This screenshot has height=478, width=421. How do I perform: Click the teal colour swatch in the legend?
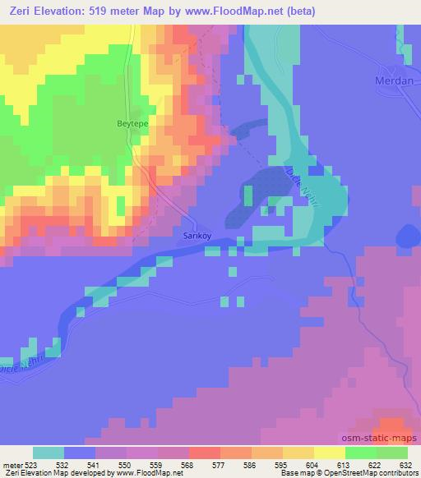[x=49, y=453]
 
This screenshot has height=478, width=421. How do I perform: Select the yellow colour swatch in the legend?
[x=330, y=453]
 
